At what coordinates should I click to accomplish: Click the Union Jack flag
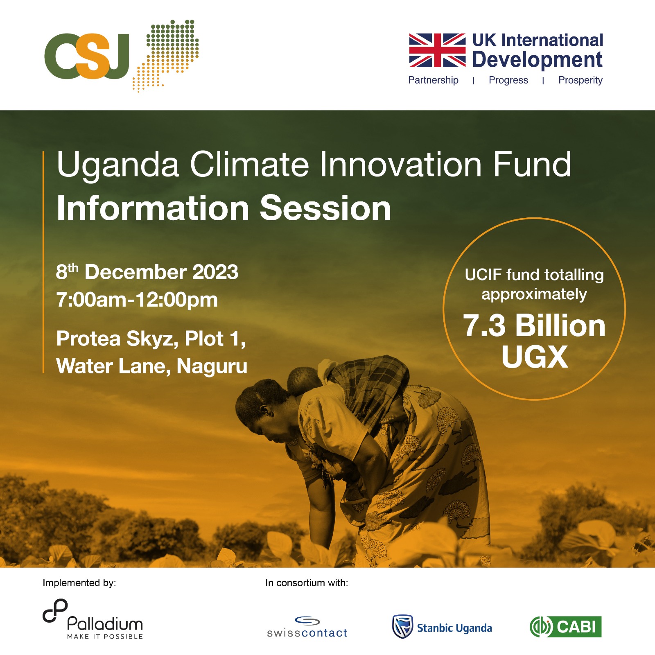point(437,50)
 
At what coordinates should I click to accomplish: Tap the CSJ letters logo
point(87,56)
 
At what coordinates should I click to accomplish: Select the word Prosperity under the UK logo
point(580,80)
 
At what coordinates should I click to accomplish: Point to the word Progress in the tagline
point(508,80)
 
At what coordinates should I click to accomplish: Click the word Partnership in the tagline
point(433,80)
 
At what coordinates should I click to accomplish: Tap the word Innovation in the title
point(400,165)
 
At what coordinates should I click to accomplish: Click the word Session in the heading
point(325,209)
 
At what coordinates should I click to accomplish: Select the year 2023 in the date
point(215,272)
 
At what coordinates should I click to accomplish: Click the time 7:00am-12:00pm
point(137,300)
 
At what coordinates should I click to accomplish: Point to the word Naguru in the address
point(212,366)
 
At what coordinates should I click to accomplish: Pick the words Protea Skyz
point(117,339)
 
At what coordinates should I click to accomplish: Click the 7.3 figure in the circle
point(484,326)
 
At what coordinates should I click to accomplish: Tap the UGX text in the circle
point(535,357)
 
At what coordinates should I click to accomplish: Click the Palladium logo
point(93,619)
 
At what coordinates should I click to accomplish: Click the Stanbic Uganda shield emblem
point(402,627)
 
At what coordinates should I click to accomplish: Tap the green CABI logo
point(565,627)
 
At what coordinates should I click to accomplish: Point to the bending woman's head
point(258,403)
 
